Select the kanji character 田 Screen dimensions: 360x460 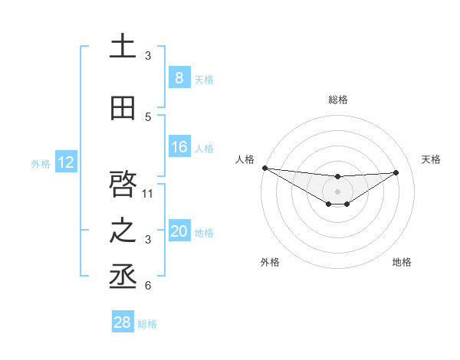tap(123, 109)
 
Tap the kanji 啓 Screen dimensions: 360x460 tap(123, 185)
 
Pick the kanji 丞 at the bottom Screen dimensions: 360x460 tap(123, 276)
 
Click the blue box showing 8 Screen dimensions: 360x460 tap(179, 78)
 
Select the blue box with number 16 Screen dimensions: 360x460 tap(179, 147)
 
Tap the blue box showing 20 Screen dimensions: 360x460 tap(179, 231)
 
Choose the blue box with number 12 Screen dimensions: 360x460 tap(65, 162)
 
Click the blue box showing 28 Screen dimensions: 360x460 tap(123, 322)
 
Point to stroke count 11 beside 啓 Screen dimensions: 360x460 tap(148, 193)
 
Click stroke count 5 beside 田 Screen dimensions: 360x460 tap(148, 116)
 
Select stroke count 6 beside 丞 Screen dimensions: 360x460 tap(148, 285)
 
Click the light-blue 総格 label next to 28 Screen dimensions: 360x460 tap(147, 324)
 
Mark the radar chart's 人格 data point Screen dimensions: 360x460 tap(264, 168)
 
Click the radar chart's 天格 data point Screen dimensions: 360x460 tap(396, 172)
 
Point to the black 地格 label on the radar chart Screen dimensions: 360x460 tap(402, 262)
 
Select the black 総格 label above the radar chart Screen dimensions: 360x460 tap(337, 100)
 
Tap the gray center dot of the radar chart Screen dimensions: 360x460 tap(337, 191)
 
